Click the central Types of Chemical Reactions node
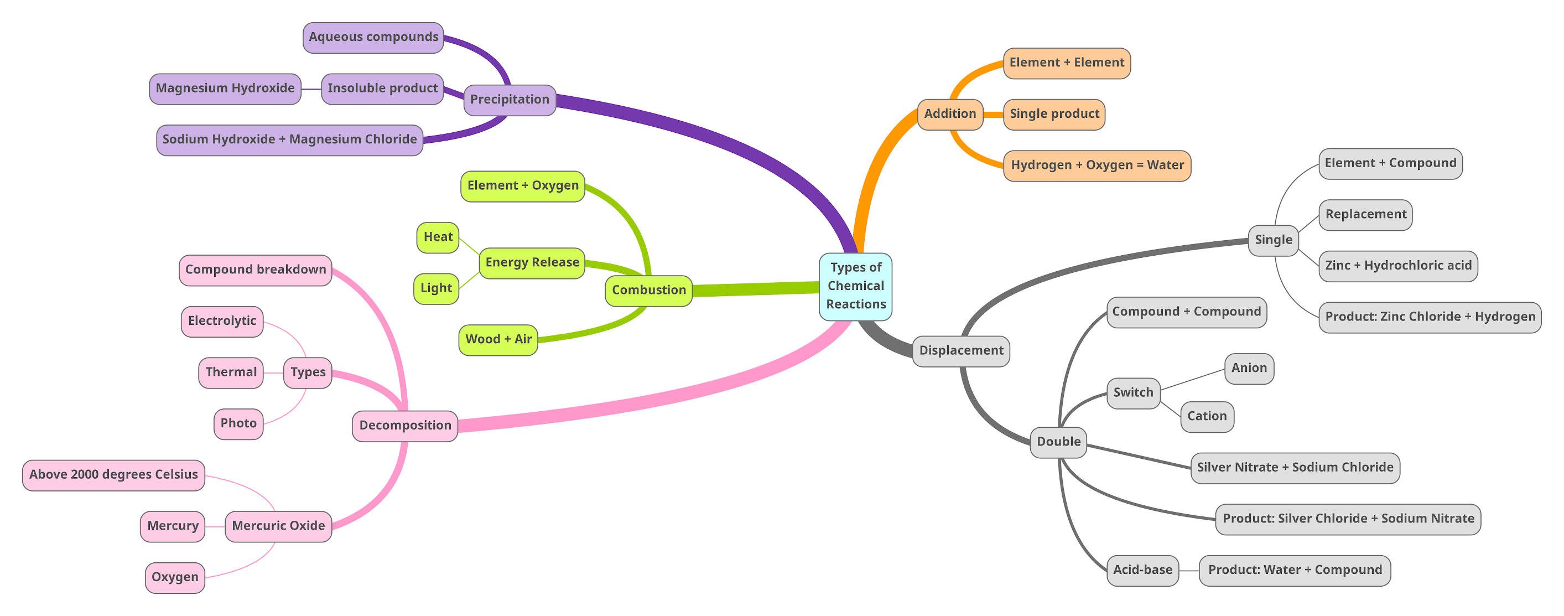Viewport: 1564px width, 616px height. [855, 286]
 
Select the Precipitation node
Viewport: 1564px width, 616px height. [510, 100]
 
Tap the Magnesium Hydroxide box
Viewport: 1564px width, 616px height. [225, 89]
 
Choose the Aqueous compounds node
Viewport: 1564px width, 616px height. [373, 38]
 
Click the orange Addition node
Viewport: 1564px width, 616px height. [949, 114]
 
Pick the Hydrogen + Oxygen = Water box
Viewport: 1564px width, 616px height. [1097, 165]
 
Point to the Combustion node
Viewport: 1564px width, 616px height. [648, 291]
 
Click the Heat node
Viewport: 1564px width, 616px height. [438, 237]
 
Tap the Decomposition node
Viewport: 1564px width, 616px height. [405, 425]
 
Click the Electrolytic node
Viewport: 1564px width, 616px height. [222, 322]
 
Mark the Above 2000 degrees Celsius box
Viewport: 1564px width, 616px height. [113, 475]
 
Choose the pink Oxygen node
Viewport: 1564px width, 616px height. [175, 577]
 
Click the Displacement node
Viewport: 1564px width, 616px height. [960, 350]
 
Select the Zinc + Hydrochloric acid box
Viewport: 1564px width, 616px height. [1397, 266]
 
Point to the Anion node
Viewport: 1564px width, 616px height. [1249, 368]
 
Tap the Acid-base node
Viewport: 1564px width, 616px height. [1142, 570]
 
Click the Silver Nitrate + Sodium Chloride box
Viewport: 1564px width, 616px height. [1295, 468]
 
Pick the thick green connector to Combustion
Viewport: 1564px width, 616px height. [756, 289]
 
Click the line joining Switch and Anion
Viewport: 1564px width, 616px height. [1192, 379]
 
